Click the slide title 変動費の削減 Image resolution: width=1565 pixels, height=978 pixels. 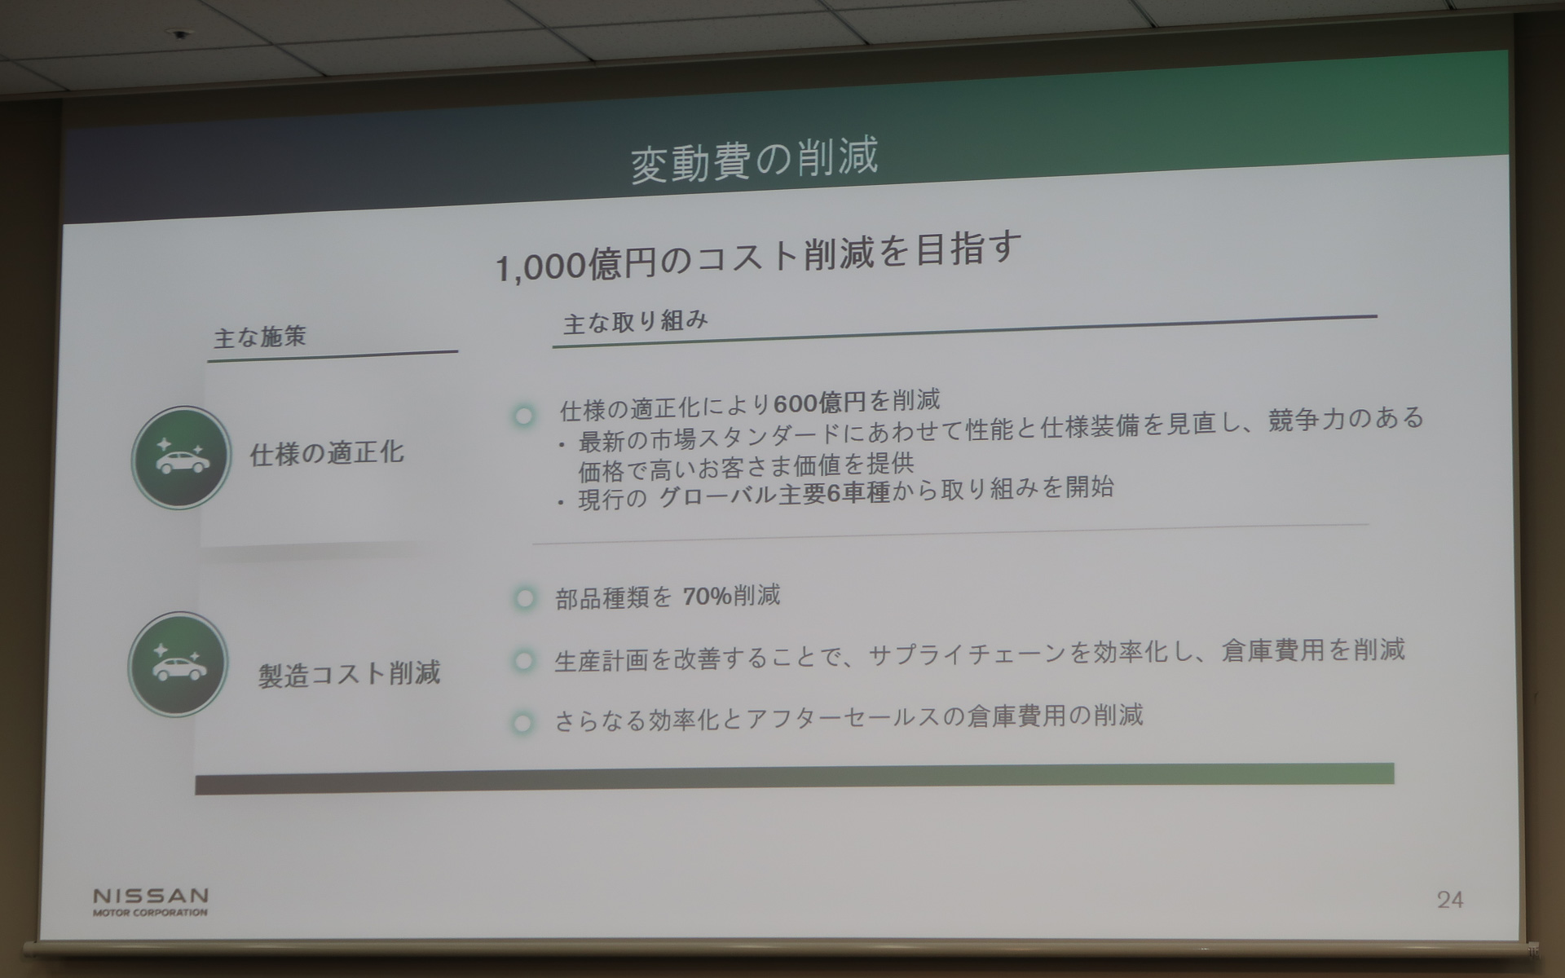coord(754,160)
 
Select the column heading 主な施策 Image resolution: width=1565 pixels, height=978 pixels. coord(260,336)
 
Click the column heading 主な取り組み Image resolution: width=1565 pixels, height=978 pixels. coord(635,322)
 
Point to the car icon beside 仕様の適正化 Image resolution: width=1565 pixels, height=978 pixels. coord(181,458)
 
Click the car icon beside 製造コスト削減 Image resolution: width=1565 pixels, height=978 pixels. coord(178,665)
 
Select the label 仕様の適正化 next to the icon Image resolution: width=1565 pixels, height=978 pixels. coord(327,453)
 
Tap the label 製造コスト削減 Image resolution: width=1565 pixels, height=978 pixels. coord(349,674)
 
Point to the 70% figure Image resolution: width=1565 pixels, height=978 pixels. coord(707,597)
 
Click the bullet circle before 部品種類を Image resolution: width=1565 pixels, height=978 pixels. coord(524,600)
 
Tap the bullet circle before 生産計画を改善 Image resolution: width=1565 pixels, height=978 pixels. coord(523,661)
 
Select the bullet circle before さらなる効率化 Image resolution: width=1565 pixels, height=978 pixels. coord(522,723)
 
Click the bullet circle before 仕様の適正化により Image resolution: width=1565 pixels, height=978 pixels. coord(523,416)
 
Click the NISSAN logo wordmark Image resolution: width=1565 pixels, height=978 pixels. coord(151,896)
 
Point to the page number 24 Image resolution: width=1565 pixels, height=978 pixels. coord(1449,900)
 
